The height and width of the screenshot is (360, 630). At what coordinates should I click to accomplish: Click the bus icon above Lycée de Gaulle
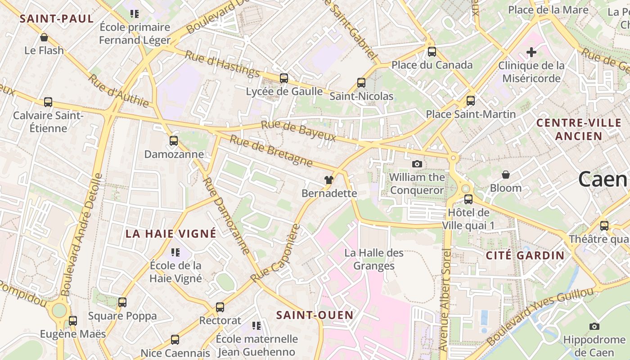tap(283, 78)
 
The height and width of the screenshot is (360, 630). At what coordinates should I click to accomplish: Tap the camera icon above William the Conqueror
tap(417, 164)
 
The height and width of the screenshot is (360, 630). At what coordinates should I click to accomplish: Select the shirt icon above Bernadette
tap(329, 180)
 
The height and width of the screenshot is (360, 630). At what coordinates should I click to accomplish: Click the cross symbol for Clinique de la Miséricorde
tap(531, 52)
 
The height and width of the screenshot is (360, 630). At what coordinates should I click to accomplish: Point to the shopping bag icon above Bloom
tap(506, 175)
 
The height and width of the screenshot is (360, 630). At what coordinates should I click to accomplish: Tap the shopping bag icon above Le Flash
tap(44, 37)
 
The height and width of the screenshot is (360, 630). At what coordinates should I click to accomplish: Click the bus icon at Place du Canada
tap(432, 52)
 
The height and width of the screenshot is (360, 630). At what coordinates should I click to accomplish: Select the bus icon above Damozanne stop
tap(174, 141)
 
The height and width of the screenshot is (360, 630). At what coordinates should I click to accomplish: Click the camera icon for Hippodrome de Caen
tap(594, 326)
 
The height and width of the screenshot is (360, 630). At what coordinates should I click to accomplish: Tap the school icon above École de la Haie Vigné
tap(175, 252)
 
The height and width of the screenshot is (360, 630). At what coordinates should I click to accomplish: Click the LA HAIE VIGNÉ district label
tap(171, 234)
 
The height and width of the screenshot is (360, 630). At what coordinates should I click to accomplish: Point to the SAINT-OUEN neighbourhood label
tap(315, 315)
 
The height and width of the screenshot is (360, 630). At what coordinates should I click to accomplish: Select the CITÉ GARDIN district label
tap(525, 256)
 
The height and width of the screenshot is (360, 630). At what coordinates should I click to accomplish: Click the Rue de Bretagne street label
tap(271, 150)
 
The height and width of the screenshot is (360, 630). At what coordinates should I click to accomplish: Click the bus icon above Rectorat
tap(220, 307)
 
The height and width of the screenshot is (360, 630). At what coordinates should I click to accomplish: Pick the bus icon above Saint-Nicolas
tap(361, 83)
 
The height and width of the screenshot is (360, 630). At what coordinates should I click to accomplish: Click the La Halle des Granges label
tap(374, 259)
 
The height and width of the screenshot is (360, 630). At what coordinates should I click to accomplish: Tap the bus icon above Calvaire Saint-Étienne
tap(48, 102)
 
